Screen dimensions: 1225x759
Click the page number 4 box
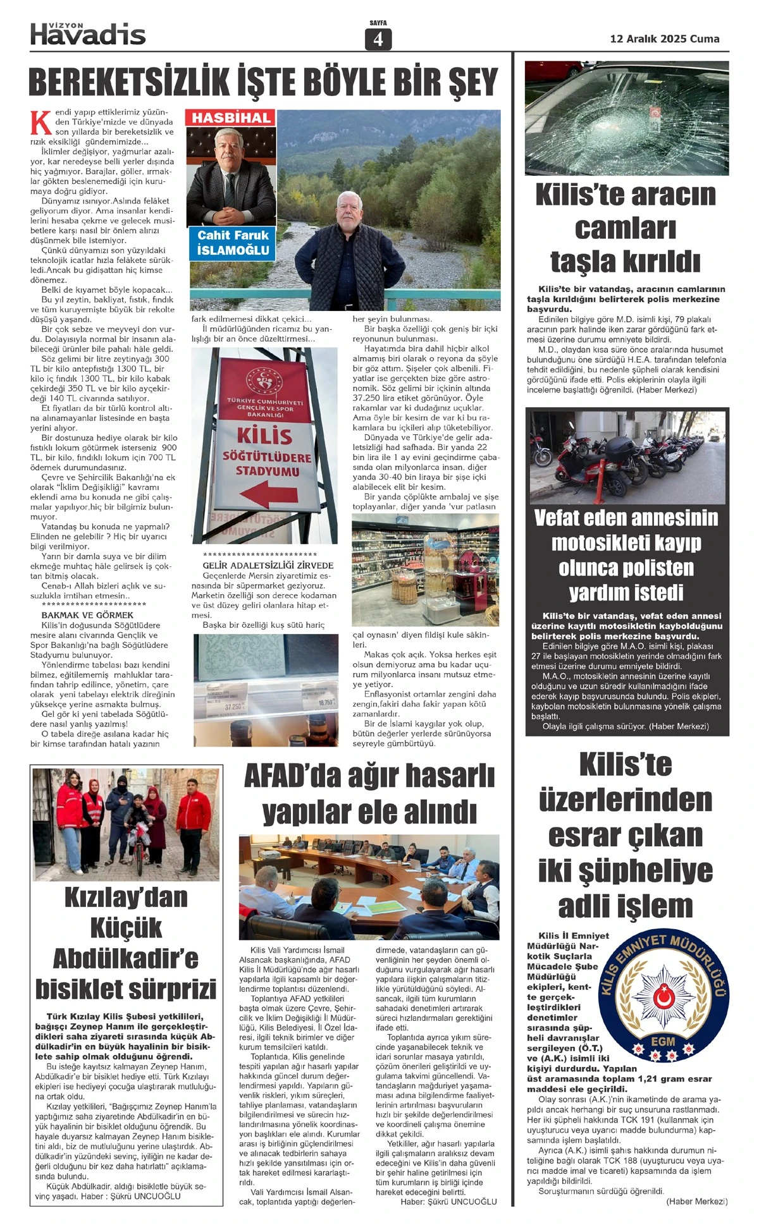(x=378, y=39)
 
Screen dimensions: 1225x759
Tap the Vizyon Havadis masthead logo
(x=88, y=34)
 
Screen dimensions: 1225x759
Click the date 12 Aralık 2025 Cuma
(x=664, y=39)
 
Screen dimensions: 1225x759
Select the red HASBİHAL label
(x=231, y=118)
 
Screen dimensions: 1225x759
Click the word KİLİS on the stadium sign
(x=264, y=436)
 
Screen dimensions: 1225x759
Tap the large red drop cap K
(x=40, y=123)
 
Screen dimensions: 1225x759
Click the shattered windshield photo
(x=626, y=118)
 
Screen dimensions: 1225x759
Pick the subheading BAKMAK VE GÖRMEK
(x=87, y=614)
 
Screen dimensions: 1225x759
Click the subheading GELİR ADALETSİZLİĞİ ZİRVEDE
(x=268, y=565)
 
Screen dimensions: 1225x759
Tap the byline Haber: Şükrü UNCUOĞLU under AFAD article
(x=448, y=1202)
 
